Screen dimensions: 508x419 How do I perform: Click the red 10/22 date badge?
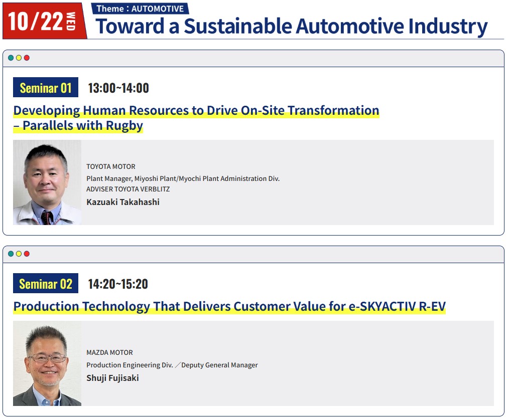click(44, 21)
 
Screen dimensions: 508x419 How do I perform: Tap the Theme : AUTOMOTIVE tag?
click(140, 9)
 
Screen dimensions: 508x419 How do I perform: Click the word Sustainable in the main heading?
click(238, 26)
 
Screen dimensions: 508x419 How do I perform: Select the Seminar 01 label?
click(46, 87)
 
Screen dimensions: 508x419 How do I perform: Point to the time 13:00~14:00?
click(118, 88)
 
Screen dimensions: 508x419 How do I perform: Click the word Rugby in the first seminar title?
click(124, 126)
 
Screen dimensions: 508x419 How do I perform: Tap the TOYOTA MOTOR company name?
click(111, 166)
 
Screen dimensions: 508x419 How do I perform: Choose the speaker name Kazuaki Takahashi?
click(123, 202)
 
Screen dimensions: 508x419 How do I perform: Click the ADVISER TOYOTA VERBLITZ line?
click(128, 189)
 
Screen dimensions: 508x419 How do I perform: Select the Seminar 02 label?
click(46, 284)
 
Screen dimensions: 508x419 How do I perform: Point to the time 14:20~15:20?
click(118, 284)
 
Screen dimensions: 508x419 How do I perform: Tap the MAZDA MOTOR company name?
click(109, 352)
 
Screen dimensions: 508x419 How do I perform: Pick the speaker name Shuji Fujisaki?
click(112, 378)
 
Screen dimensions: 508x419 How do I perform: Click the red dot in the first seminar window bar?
click(27, 58)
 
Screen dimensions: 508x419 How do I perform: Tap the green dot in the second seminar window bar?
click(11, 254)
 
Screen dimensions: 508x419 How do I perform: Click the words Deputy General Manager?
click(220, 365)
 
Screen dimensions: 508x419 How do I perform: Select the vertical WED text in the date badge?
click(71, 21)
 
